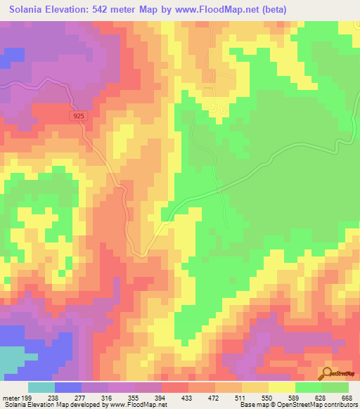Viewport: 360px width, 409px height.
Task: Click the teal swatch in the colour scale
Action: click(x=41, y=387)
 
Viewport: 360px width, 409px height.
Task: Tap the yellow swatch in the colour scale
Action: click(x=281, y=387)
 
